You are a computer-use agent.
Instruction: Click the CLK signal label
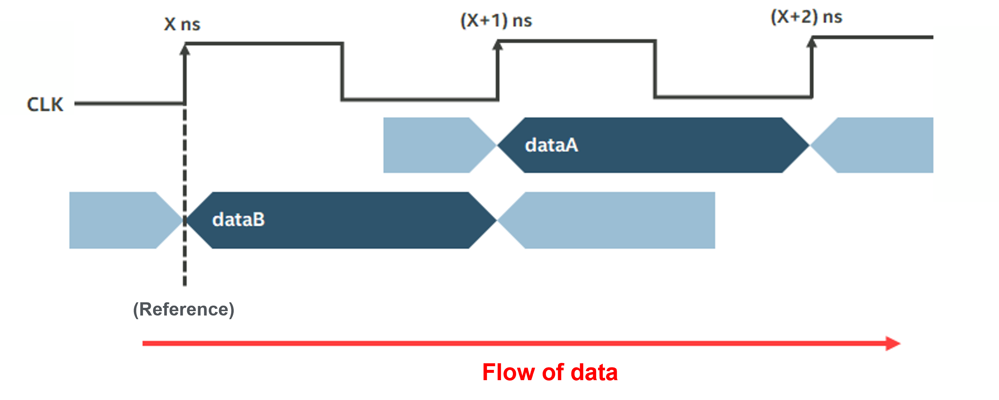tap(45, 104)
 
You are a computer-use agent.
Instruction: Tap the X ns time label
tap(182, 24)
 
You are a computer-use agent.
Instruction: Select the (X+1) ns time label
tap(496, 20)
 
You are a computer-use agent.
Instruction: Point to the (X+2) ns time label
tap(806, 17)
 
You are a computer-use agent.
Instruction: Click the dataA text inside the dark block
tap(551, 145)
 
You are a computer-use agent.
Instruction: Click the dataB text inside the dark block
tap(238, 220)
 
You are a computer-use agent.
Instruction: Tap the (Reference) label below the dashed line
tap(183, 310)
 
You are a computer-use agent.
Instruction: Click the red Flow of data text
tap(550, 372)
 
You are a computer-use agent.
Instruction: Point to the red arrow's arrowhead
tap(893, 343)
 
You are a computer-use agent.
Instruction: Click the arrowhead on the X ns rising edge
tap(185, 50)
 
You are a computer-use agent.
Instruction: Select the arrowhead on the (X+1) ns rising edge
tap(497, 46)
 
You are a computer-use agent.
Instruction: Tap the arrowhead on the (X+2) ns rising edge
tap(812, 42)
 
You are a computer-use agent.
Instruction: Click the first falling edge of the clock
tap(342, 72)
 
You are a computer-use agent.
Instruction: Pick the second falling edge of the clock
tap(655, 69)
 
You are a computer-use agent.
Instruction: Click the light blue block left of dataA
tap(430, 145)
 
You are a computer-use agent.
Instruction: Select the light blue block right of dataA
tap(880, 145)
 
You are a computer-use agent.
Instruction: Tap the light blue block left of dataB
tap(116, 220)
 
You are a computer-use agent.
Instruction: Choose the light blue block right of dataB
tap(617, 220)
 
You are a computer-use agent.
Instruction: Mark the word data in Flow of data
tap(594, 372)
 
